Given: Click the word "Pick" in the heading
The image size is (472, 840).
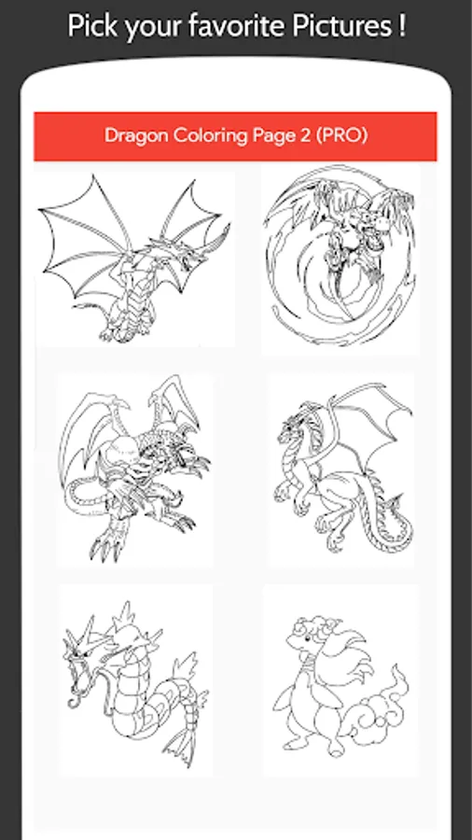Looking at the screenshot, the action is click(93, 27).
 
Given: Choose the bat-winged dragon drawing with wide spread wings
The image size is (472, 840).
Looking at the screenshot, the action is click(135, 259).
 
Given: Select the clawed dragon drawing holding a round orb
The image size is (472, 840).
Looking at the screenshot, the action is click(135, 469).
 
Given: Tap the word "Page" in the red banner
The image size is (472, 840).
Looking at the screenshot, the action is click(271, 136).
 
